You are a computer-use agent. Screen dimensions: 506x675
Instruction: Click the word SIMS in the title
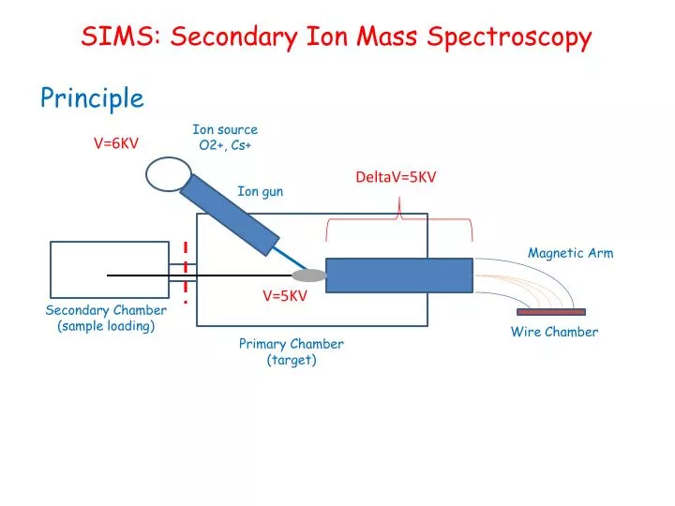click(110, 37)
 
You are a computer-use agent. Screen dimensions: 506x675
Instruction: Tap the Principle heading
click(92, 97)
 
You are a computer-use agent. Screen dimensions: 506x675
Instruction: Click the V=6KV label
click(115, 143)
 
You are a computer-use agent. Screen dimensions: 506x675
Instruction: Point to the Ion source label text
click(225, 129)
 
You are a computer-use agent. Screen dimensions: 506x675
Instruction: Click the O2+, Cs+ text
click(225, 145)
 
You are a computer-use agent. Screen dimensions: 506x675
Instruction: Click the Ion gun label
click(260, 191)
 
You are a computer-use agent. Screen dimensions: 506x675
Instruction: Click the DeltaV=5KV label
click(396, 177)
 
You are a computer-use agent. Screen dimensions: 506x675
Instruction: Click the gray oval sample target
click(309, 275)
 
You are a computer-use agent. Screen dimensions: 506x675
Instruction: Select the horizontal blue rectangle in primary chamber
click(398, 275)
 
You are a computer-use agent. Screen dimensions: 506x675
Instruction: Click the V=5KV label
click(284, 296)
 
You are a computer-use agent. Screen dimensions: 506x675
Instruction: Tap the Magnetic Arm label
click(570, 253)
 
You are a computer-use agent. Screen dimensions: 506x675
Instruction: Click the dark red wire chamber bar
click(551, 312)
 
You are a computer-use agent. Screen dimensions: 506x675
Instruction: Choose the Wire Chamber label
click(554, 332)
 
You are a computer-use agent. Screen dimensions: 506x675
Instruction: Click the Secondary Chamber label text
click(106, 310)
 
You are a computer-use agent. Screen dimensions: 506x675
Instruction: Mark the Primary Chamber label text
click(291, 344)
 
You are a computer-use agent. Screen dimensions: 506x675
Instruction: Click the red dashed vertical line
click(186, 272)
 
